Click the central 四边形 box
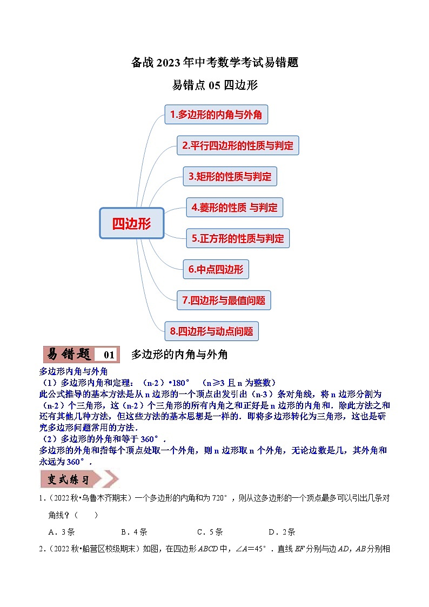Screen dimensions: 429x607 click(131, 223)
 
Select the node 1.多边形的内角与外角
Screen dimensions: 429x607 click(216, 115)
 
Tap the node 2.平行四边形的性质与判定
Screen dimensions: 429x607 click(238, 145)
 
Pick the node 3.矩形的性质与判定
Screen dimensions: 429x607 click(230, 176)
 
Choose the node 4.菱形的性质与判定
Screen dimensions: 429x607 click(234, 207)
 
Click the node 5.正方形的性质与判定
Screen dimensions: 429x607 click(238, 238)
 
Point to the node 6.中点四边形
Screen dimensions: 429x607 click(216, 269)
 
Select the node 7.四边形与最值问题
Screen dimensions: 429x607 click(224, 300)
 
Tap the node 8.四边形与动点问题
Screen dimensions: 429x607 click(212, 331)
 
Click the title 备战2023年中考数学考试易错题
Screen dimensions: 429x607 click(215, 63)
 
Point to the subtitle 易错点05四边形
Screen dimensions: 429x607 click(215, 85)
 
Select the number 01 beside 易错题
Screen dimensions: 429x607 click(109, 355)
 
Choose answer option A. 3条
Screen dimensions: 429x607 click(61, 532)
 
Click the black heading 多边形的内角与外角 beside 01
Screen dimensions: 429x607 click(179, 355)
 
